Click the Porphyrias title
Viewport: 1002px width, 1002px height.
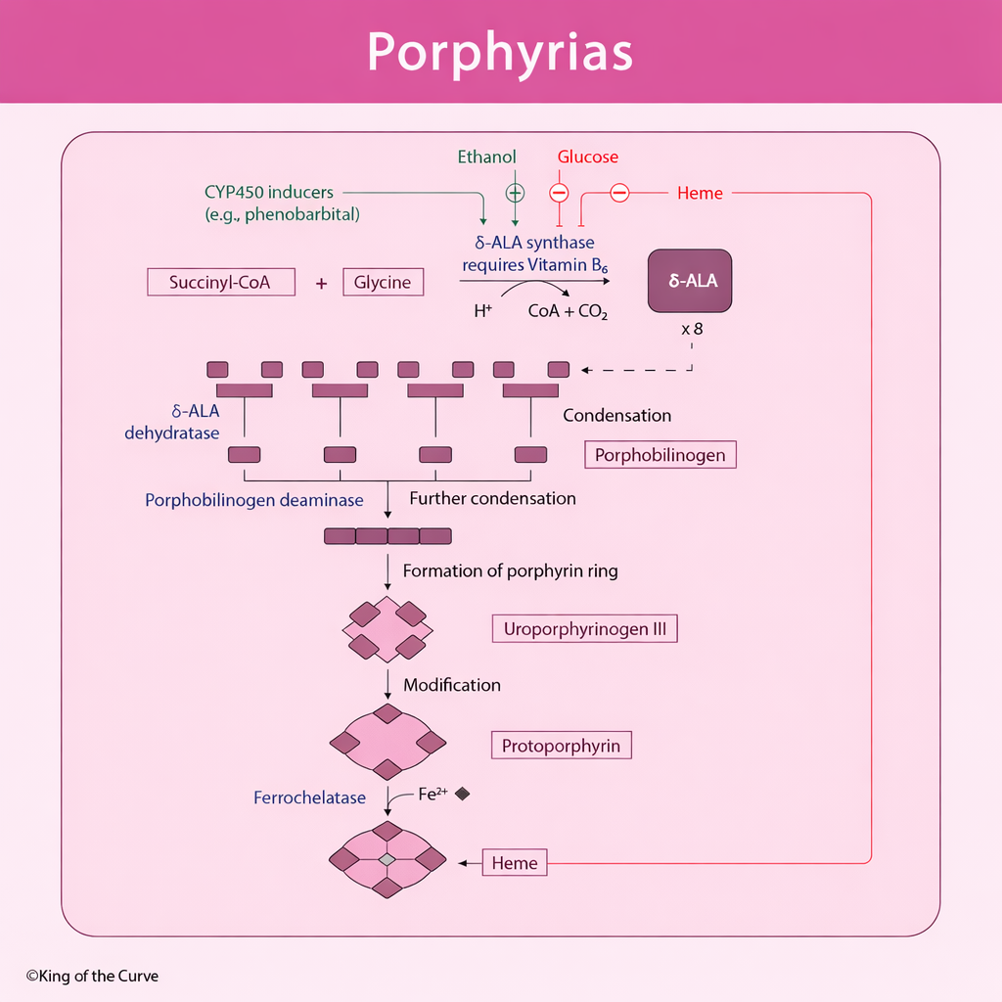tap(500, 52)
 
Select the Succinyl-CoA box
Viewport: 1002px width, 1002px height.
tap(220, 283)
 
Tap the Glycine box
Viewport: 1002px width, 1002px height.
tap(383, 283)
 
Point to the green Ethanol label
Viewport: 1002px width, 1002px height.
tap(486, 157)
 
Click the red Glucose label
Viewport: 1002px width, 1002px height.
tap(588, 157)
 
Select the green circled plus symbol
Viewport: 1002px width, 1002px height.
tap(515, 193)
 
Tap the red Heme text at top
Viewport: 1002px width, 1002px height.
tap(700, 194)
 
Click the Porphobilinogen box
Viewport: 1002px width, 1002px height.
tap(660, 455)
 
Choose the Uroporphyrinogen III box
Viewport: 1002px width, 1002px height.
tap(584, 629)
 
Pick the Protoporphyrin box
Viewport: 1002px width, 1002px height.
tap(561, 746)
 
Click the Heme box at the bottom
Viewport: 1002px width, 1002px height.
tap(515, 862)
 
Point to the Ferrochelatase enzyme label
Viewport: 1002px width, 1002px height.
tap(309, 797)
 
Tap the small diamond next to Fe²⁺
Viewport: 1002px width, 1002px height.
tap(463, 794)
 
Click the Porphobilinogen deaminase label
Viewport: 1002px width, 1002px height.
tap(254, 500)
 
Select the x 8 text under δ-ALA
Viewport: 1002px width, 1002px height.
tap(692, 329)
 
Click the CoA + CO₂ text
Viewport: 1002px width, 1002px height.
tap(569, 313)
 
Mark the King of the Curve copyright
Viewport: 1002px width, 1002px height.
tap(92, 976)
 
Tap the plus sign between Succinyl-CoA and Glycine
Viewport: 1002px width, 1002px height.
tap(321, 284)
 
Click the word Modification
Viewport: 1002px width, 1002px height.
tap(452, 685)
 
